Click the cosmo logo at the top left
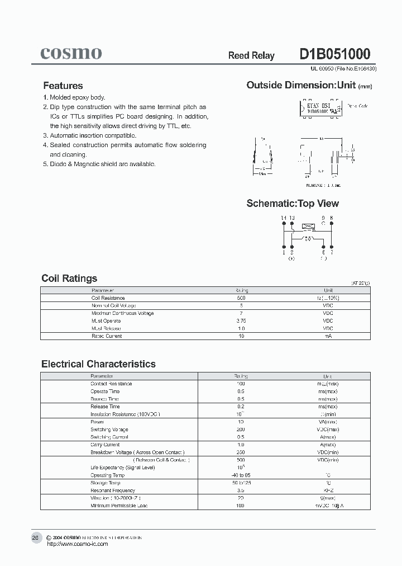(x=70, y=53)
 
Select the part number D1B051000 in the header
(x=334, y=54)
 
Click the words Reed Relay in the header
(x=251, y=55)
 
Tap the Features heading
(x=63, y=86)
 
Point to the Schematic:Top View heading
(x=293, y=204)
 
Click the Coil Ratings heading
(x=69, y=278)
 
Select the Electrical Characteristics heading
(x=98, y=364)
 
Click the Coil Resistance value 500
(x=241, y=298)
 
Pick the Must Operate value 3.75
(x=241, y=321)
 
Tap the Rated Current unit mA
(x=328, y=336)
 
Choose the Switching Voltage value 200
(x=241, y=429)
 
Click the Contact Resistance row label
(x=111, y=384)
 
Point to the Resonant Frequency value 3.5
(x=241, y=490)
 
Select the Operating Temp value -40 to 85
(x=241, y=475)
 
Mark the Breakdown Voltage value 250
(x=241, y=452)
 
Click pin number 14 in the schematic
(x=284, y=218)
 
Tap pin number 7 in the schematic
(x=331, y=252)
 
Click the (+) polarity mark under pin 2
(x=291, y=259)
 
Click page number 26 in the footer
(x=35, y=537)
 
